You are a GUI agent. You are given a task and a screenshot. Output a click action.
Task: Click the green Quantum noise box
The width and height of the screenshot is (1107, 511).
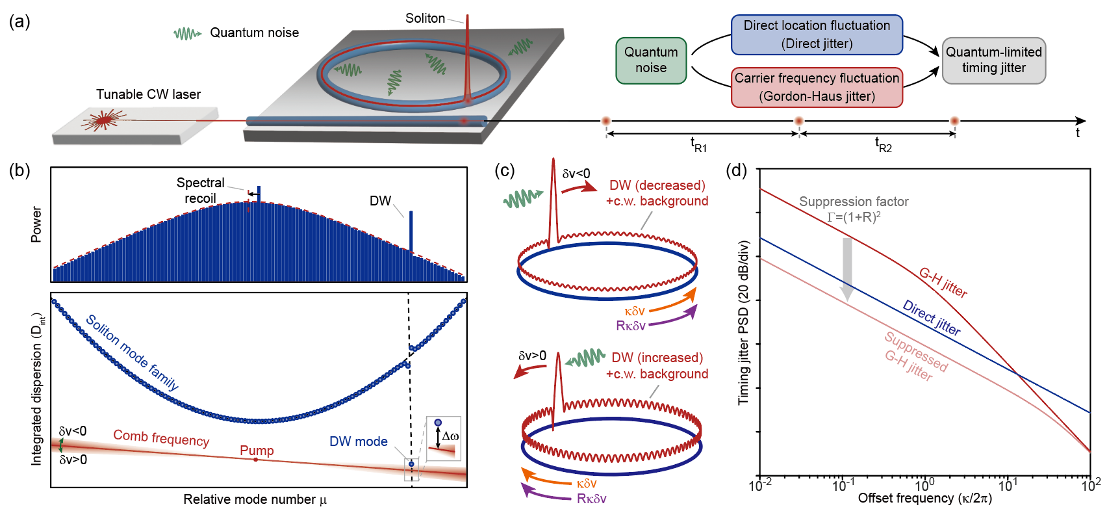click(651, 60)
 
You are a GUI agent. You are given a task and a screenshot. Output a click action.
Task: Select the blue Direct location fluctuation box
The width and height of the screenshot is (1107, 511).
click(817, 34)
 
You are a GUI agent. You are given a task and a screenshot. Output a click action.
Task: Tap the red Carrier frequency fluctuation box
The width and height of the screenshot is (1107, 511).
click(817, 87)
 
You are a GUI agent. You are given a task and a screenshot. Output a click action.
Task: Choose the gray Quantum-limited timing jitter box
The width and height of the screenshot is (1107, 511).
click(993, 60)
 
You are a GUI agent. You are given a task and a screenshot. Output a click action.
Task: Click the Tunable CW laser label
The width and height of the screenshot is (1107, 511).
click(148, 94)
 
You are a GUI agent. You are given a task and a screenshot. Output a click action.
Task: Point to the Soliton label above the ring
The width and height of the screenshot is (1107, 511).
click(425, 18)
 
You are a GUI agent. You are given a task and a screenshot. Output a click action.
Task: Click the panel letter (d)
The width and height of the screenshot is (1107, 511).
click(736, 170)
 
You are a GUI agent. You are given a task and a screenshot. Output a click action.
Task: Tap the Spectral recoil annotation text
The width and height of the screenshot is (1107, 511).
click(200, 190)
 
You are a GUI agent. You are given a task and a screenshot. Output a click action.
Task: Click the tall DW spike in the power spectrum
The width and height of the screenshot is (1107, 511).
click(411, 231)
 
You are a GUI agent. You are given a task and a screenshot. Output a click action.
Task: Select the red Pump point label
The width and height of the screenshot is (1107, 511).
click(257, 451)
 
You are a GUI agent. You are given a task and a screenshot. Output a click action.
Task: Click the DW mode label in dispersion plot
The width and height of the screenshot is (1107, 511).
click(358, 441)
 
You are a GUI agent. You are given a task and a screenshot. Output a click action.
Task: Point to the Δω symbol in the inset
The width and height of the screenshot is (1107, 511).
click(450, 436)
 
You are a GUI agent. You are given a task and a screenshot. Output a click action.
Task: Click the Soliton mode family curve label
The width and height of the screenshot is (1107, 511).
click(132, 352)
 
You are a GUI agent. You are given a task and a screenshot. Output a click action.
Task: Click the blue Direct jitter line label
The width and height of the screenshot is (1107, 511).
click(931, 317)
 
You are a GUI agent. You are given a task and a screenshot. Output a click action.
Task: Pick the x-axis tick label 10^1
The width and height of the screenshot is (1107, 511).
click(1007, 484)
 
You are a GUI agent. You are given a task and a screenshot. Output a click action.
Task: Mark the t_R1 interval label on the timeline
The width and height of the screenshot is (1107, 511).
click(698, 144)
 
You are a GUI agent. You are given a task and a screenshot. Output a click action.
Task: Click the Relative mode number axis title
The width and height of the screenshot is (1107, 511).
click(255, 499)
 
